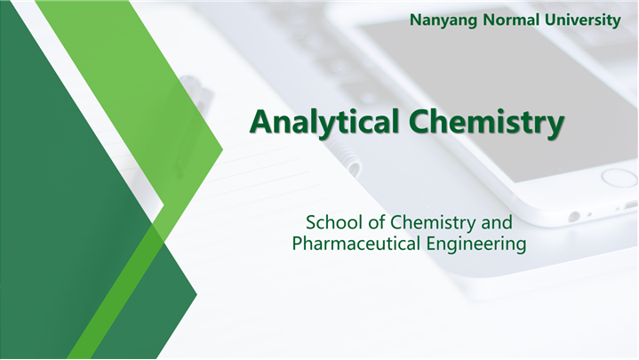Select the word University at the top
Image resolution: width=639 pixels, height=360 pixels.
(x=583, y=20)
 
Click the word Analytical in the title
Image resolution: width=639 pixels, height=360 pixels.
(x=324, y=123)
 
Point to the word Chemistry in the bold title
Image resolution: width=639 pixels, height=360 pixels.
(x=487, y=123)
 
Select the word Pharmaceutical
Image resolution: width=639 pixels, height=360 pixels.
(x=356, y=244)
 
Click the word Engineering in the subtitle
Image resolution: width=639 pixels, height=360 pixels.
(x=476, y=244)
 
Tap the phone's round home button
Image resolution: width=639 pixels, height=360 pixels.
(x=619, y=178)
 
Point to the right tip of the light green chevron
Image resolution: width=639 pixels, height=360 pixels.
(x=223, y=149)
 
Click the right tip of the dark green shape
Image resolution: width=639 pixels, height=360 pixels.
(x=196, y=294)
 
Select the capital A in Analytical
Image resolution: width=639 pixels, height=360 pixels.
(x=261, y=122)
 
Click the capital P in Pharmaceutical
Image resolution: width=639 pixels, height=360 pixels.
(x=297, y=244)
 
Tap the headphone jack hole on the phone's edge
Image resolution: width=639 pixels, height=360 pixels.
(x=574, y=217)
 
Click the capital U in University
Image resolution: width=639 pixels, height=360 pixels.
(x=550, y=20)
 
